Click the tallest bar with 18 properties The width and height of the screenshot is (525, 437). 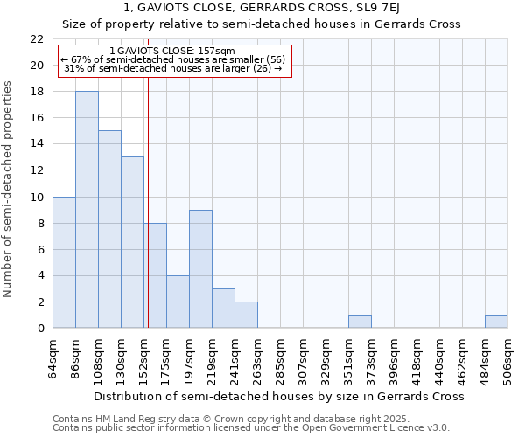(x=87, y=210)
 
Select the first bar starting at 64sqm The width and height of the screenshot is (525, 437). (x=64, y=262)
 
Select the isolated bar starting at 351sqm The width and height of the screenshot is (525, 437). (x=360, y=322)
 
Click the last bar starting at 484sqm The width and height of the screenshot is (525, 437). (x=496, y=322)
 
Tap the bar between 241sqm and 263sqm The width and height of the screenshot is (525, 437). (x=246, y=315)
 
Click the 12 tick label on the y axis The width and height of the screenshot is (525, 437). (x=37, y=170)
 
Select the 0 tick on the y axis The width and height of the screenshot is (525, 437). (x=40, y=329)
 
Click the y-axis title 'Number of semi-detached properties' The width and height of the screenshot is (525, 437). (x=9, y=189)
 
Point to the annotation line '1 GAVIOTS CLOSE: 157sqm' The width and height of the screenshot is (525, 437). (x=173, y=52)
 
